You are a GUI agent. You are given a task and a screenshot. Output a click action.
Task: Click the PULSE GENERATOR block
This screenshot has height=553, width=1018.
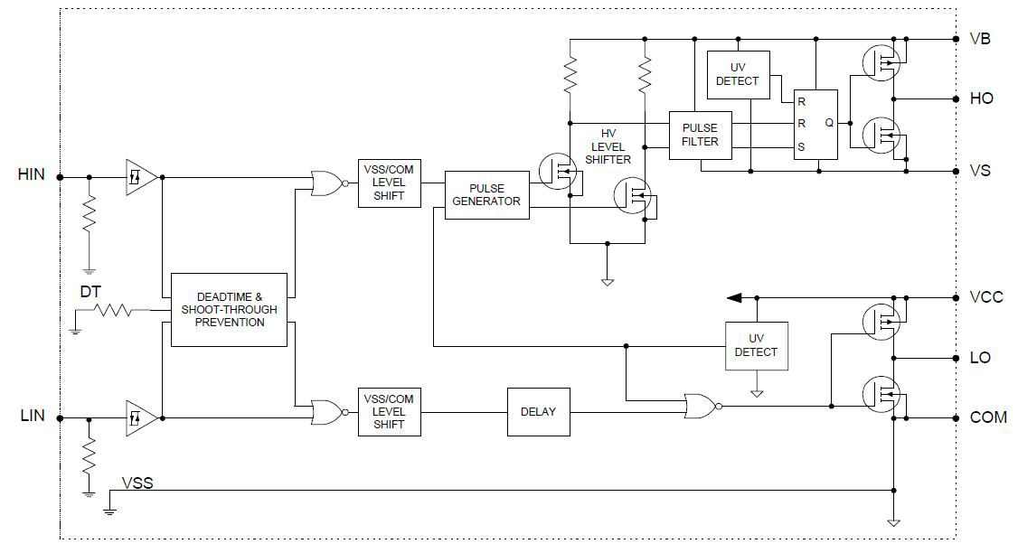[x=486, y=194]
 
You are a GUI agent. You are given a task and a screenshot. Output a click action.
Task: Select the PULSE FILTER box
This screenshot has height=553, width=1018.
[x=700, y=135]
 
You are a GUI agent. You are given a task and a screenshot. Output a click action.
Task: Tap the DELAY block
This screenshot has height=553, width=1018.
[x=538, y=411]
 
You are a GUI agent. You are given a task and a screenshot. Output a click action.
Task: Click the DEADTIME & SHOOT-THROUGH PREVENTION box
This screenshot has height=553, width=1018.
[x=229, y=309]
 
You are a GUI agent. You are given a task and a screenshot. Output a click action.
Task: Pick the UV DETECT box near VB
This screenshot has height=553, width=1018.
[x=738, y=74]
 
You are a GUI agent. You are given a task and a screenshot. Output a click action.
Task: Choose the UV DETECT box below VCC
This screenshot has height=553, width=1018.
[x=757, y=345]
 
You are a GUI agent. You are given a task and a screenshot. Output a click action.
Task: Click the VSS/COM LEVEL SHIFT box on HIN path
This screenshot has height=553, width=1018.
[x=389, y=183]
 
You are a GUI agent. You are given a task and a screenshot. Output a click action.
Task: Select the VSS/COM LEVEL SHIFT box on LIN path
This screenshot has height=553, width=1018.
[x=389, y=411]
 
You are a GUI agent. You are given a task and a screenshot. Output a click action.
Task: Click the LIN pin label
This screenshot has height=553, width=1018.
[x=32, y=417]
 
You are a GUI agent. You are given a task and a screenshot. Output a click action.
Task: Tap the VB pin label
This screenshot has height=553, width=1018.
[x=980, y=40]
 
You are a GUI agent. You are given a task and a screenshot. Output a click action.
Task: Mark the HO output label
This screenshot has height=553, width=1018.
[x=981, y=98]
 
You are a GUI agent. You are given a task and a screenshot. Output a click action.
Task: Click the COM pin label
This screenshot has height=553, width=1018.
[x=987, y=417]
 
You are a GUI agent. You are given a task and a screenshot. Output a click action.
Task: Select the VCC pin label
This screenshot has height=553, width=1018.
[x=985, y=297]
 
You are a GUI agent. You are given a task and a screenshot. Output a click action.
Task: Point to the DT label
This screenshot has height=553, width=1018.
[x=90, y=293]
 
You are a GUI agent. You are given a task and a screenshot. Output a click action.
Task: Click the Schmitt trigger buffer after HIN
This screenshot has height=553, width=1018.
[x=139, y=177]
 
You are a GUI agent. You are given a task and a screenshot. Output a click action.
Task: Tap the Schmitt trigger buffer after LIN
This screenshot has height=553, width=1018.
[x=139, y=417]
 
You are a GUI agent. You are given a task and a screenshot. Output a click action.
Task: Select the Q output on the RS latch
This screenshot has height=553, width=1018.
[x=828, y=122]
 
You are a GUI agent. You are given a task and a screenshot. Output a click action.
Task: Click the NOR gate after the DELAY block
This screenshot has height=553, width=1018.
[x=700, y=407]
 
